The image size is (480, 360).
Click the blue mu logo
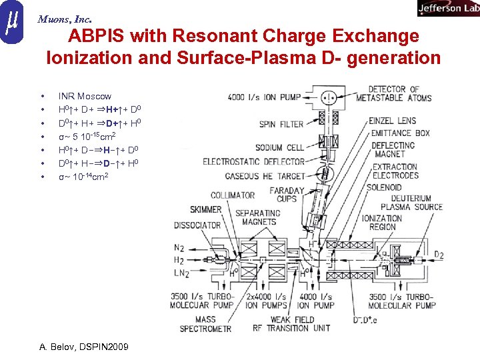click(12, 23)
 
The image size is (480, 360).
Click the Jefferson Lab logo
click(447, 8)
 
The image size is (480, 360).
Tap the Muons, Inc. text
click(65, 19)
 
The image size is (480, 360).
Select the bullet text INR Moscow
click(85, 96)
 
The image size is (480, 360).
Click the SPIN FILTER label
click(281, 124)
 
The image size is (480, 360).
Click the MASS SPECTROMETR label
click(205, 324)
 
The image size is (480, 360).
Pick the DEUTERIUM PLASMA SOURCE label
click(416, 202)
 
